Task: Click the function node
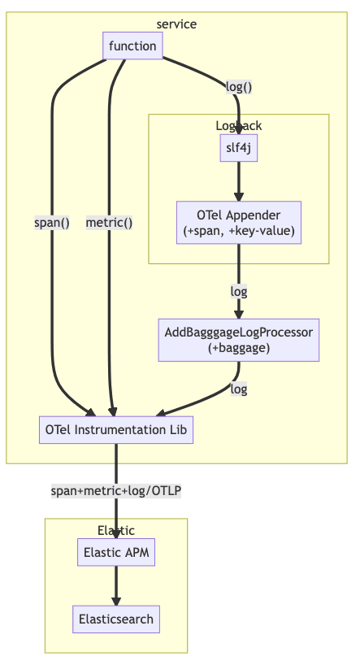click(x=132, y=46)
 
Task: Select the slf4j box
click(x=239, y=148)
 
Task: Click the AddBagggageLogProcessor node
click(x=239, y=340)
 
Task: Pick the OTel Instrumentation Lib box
click(x=116, y=429)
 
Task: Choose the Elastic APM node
click(x=116, y=553)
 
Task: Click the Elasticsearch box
click(x=116, y=619)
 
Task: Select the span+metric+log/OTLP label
click(x=116, y=490)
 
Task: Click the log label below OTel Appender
click(x=239, y=290)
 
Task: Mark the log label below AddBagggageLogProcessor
click(x=239, y=389)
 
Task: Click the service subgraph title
click(x=176, y=24)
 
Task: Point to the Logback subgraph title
click(x=239, y=125)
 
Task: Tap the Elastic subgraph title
click(x=116, y=530)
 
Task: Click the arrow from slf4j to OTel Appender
click(x=239, y=180)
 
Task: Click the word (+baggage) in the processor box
click(x=239, y=348)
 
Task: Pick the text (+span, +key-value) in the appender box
click(x=239, y=232)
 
